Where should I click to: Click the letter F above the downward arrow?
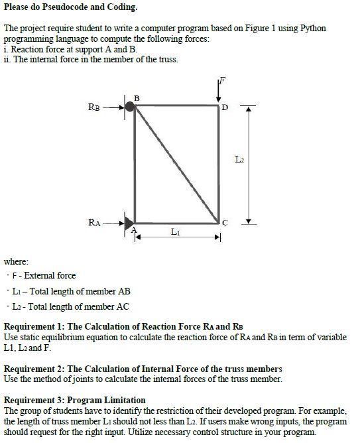(223, 81)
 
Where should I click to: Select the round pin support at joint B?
(130, 105)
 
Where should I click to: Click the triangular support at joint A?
(130, 222)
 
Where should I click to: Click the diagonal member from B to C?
(177, 164)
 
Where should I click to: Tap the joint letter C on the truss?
(224, 223)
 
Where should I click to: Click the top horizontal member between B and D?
(177, 105)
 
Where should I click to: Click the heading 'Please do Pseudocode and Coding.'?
(71, 7)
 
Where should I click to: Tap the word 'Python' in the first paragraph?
(312, 29)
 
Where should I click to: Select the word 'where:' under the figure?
(16, 261)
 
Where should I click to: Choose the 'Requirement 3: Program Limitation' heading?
(75, 400)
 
